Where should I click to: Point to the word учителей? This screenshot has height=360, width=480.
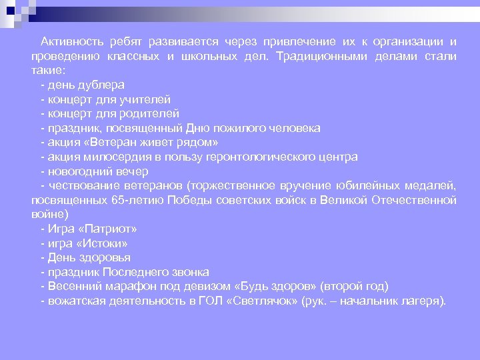[x=147, y=99]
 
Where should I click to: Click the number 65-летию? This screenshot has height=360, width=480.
[x=145, y=200]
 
